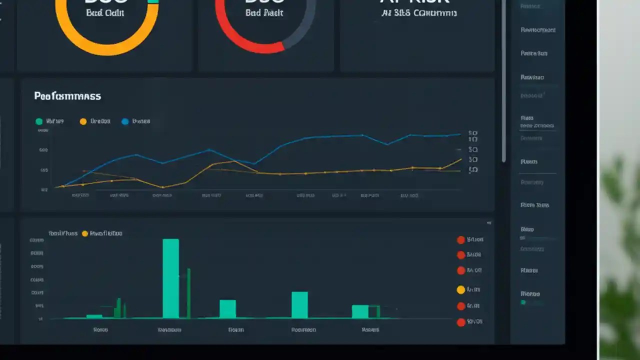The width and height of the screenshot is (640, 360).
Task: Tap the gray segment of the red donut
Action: (305, 30)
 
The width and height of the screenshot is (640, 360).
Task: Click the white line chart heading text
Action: (67, 96)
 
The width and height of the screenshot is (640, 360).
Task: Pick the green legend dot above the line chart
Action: (39, 121)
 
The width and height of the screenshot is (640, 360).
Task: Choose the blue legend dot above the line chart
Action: (125, 121)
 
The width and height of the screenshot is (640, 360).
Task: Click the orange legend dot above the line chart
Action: (83, 121)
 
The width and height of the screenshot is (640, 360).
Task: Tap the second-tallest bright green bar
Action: (299, 305)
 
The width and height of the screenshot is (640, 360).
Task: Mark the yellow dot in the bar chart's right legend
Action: (461, 289)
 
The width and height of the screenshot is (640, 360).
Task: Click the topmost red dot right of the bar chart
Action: (461, 240)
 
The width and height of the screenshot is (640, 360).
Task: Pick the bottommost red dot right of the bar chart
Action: (461, 322)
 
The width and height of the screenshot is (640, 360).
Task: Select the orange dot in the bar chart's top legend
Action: (84, 233)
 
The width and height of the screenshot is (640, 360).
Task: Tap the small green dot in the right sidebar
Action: (523, 302)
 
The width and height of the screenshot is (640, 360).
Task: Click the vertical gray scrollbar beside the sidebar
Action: (504, 80)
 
